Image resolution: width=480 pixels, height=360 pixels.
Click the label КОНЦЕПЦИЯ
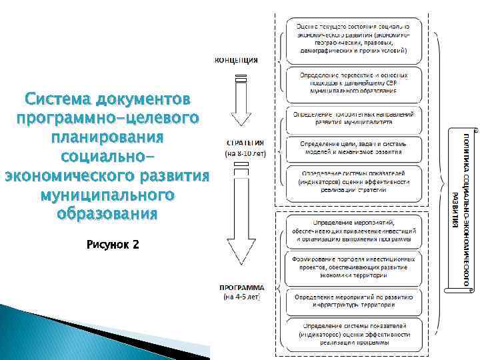pos(236,60)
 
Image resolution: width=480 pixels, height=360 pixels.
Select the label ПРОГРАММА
pos(242,288)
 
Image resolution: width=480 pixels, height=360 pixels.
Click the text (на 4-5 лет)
pos(242,297)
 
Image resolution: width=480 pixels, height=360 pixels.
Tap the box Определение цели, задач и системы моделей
pos(358,148)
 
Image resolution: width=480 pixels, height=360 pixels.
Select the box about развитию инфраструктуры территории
pos(358,301)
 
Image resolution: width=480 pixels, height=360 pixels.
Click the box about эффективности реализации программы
pos(358,333)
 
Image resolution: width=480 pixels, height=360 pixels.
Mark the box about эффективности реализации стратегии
pos(358,180)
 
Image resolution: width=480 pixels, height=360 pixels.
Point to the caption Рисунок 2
pos(112,245)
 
